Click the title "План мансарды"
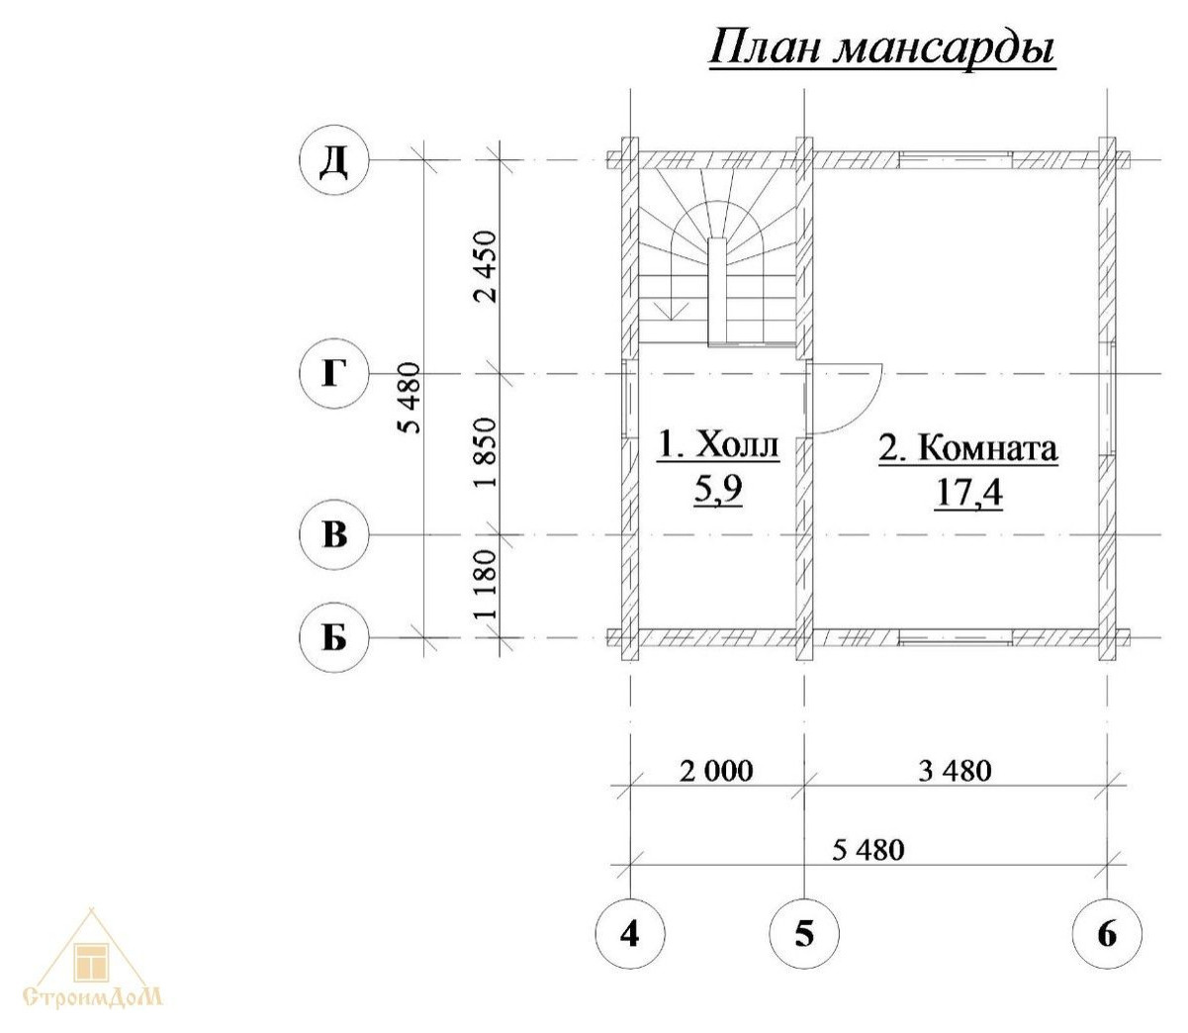pos(882,48)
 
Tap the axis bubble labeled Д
pos(334,159)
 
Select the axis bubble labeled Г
pos(334,374)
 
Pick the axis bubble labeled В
pos(334,534)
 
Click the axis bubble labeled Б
pos(334,638)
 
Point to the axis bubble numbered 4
pos(630,932)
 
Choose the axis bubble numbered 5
pos(804,932)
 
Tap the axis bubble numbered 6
pos(1107,932)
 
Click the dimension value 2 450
pos(485,267)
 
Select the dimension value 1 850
pos(485,453)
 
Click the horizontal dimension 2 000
pos(716,771)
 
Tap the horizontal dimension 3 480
pos(954,770)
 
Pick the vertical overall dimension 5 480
pos(409,398)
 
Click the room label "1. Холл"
pos(719,446)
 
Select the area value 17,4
pos(968,491)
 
